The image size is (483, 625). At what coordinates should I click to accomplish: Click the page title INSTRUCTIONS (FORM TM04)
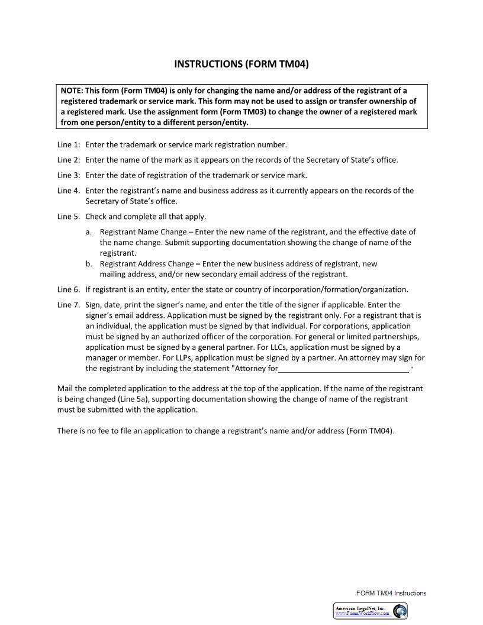pos(241,64)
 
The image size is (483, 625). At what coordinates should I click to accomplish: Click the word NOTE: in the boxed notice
pos(72,91)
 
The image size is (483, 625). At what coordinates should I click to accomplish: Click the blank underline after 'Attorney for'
pos(343,369)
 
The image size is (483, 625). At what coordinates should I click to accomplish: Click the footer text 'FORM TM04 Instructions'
pos(391,593)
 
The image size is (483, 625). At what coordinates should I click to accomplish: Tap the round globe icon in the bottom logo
pos(400,611)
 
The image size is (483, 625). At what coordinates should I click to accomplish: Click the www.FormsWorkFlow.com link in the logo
pos(362,614)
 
